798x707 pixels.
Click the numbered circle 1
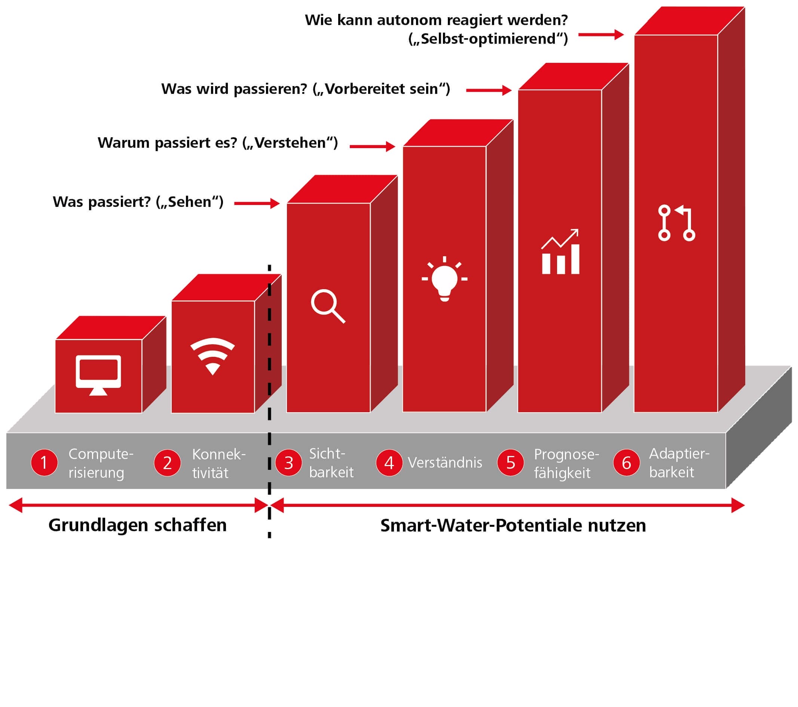[44, 463]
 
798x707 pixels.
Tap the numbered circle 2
[167, 463]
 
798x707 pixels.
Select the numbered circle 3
[288, 463]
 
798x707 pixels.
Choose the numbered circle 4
[389, 463]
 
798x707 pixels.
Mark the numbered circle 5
[510, 463]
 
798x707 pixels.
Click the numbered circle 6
[626, 463]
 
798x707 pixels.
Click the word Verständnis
[445, 463]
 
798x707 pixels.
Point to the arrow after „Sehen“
[257, 203]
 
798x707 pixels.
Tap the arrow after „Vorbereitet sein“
[488, 90]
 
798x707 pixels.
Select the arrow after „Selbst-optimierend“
[601, 34]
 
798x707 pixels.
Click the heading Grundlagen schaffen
[137, 525]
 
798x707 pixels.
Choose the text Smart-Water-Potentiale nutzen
[513, 526]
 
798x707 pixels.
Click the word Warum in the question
[123, 143]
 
